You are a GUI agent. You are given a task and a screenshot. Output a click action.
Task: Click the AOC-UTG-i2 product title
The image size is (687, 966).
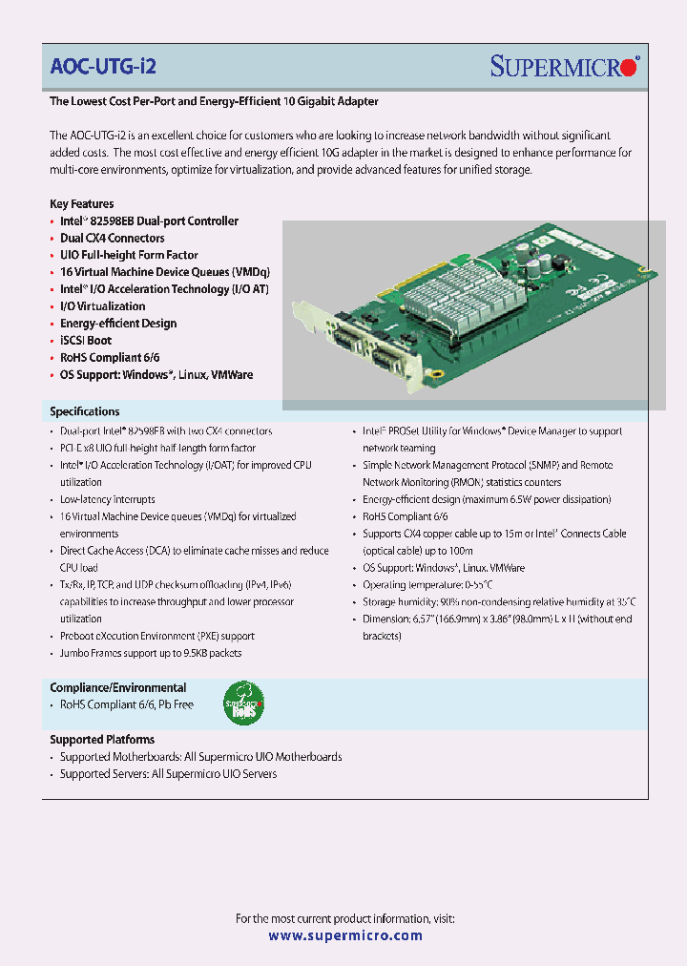pos(103,66)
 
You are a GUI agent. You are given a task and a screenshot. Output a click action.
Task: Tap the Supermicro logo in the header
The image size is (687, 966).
pos(565,66)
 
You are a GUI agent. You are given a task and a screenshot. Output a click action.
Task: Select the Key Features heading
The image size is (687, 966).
pos(82,203)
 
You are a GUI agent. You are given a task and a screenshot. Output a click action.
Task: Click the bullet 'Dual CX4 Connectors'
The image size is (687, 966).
pos(112,238)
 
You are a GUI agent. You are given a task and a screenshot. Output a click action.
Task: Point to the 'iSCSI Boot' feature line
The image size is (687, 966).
pos(86,340)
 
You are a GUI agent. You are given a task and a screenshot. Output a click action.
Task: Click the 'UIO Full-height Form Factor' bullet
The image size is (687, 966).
pos(129,255)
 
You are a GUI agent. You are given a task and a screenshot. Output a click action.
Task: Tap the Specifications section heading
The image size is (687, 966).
pos(85,411)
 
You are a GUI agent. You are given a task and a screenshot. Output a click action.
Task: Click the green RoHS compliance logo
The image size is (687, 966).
pos(243,704)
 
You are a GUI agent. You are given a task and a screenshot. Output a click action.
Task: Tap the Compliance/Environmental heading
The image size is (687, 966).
pos(118,687)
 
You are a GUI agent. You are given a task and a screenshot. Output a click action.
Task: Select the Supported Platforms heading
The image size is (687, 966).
pos(102,739)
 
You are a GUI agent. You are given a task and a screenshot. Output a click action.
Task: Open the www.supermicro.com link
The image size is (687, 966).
pos(344,936)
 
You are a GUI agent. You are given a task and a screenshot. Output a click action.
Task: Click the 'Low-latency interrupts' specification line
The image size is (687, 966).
pos(107,499)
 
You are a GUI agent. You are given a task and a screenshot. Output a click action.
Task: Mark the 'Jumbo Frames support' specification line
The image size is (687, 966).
pos(151,653)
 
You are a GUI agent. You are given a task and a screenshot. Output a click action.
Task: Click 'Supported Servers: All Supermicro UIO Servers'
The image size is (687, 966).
pos(168,773)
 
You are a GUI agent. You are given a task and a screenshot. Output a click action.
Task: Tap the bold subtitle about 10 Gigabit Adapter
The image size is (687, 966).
pos(214,100)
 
